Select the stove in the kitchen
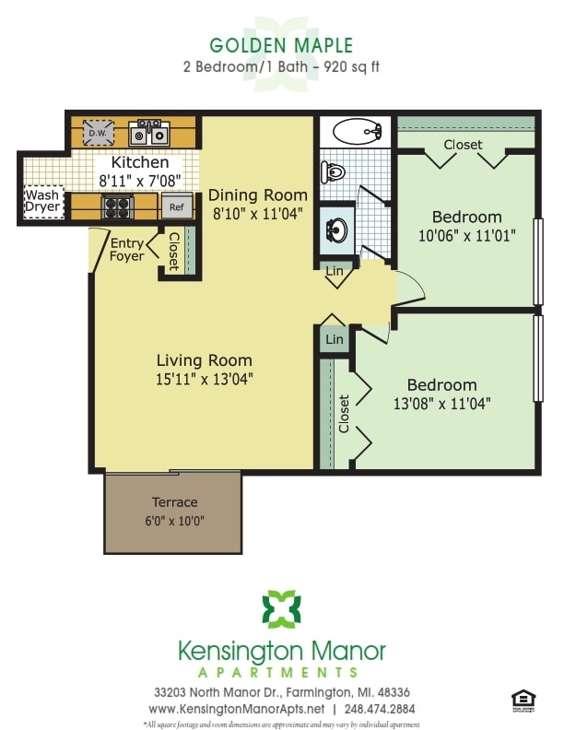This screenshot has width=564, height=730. (x=118, y=206)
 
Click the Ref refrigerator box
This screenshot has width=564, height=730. (x=175, y=207)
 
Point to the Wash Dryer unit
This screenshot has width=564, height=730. (x=42, y=201)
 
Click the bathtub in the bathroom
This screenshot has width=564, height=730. (x=357, y=133)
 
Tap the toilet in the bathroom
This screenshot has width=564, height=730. (x=333, y=171)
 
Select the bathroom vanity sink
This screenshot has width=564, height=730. (x=336, y=227)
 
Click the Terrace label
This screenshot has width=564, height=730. (x=174, y=502)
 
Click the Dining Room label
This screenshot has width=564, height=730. (x=257, y=195)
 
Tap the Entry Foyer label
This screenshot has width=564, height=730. (x=127, y=249)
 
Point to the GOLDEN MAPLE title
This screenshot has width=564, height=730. (x=281, y=45)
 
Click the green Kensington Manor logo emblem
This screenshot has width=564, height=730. (x=281, y=609)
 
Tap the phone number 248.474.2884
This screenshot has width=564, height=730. (x=381, y=709)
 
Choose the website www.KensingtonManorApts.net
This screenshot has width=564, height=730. (x=237, y=709)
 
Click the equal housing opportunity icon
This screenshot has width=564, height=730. (x=522, y=700)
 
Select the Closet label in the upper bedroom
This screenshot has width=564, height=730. (x=463, y=145)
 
